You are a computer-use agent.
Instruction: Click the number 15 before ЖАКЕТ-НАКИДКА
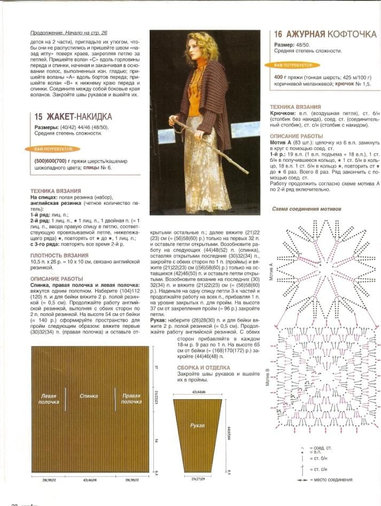(38, 116)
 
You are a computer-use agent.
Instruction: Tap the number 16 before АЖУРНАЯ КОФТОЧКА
(281, 35)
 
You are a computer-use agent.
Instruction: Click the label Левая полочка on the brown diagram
(49, 399)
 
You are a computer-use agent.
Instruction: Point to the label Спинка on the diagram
(88, 396)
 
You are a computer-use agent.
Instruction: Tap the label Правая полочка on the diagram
(131, 399)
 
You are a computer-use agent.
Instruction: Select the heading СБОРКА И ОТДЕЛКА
(204, 368)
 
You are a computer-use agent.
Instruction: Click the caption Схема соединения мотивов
(307, 209)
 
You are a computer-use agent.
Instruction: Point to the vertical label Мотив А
(271, 272)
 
